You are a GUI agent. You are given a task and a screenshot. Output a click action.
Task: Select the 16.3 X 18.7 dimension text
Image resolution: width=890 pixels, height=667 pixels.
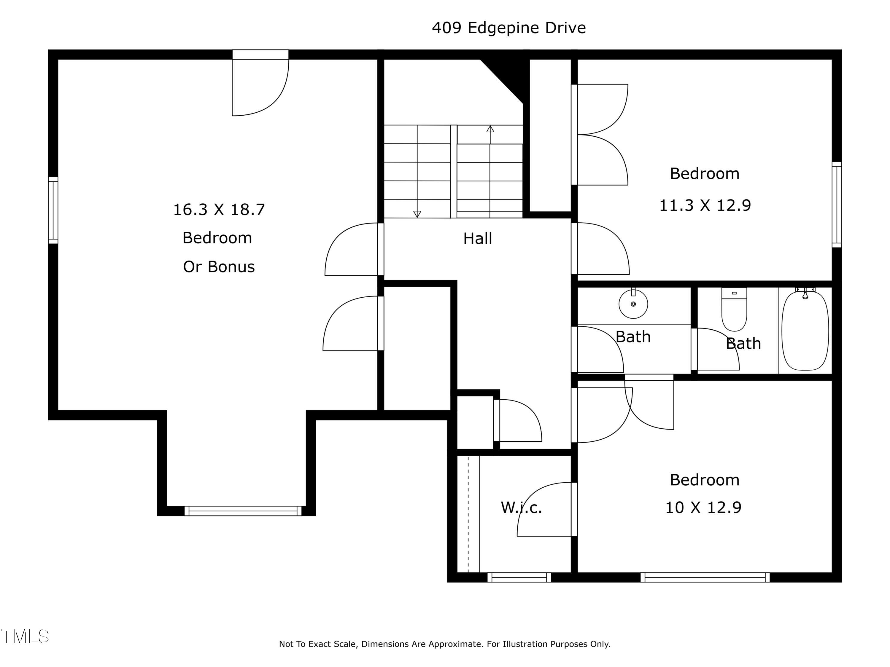tap(219, 210)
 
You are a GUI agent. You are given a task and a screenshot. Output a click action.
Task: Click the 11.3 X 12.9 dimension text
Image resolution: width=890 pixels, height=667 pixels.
tap(705, 205)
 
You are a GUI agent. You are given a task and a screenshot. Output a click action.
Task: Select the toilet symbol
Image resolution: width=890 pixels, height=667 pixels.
tap(734, 309)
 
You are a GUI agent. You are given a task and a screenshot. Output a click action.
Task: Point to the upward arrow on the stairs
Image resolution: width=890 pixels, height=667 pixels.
tap(490, 129)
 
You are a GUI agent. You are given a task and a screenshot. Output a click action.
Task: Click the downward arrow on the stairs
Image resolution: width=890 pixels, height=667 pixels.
tap(417, 214)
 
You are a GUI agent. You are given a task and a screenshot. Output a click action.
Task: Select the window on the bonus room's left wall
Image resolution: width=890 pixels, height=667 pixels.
tap(53, 210)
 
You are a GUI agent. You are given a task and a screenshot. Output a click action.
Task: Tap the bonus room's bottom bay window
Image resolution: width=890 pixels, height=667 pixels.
tap(243, 511)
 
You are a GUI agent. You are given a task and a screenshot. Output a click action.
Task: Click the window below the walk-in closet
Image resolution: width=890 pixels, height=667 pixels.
tap(519, 577)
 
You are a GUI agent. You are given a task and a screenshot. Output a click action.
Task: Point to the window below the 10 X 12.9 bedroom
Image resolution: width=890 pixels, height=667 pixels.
tap(705, 577)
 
